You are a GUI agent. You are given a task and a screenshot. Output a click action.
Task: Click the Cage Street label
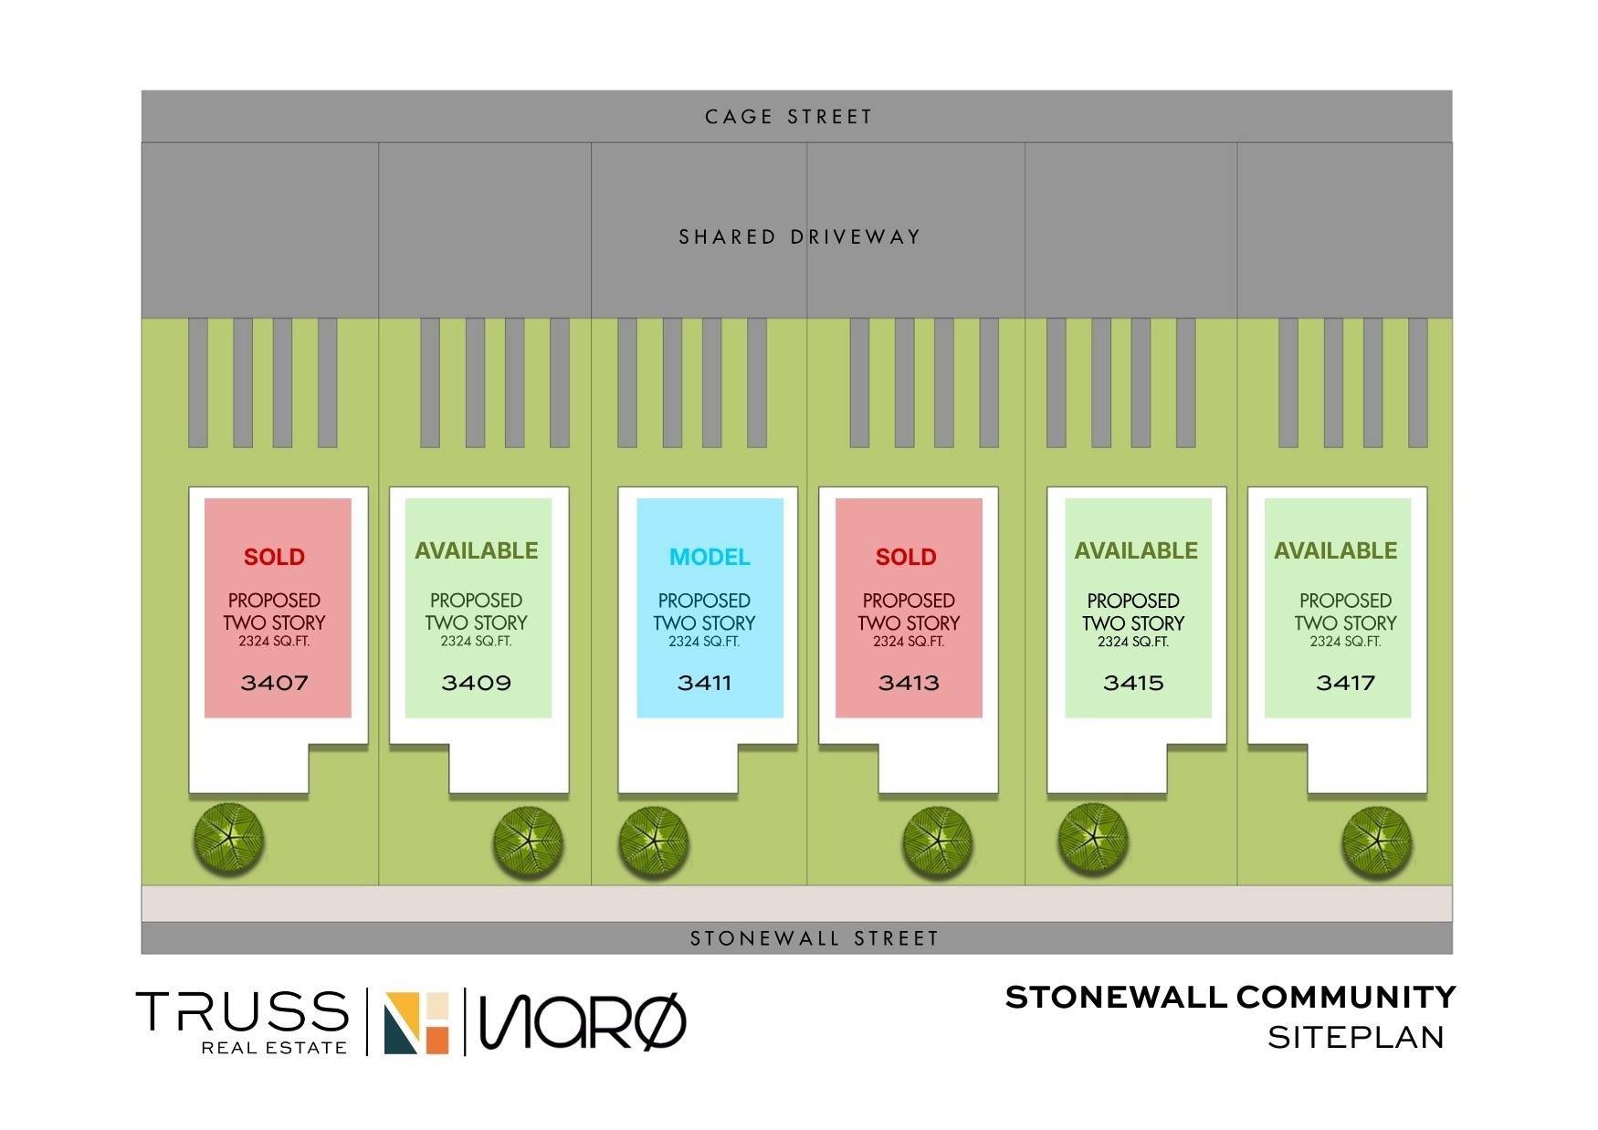tap(789, 117)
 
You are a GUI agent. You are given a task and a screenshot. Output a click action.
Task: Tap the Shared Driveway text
tap(799, 237)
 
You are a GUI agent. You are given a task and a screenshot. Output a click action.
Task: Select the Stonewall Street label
tap(814, 938)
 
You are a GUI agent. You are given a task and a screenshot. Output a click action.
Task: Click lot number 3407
tap(274, 683)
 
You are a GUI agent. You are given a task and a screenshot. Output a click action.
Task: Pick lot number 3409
tap(476, 683)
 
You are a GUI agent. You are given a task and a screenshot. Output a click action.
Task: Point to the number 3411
tap(704, 683)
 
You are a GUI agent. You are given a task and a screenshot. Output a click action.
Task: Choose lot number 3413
tap(909, 683)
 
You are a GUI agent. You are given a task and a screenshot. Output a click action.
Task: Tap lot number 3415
tap(1133, 683)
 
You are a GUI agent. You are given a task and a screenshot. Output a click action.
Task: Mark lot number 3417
tap(1345, 683)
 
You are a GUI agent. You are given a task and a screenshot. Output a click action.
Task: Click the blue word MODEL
tap(710, 557)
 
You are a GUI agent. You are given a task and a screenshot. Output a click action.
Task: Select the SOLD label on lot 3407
tap(274, 557)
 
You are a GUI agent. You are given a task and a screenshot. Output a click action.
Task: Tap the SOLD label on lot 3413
tap(906, 557)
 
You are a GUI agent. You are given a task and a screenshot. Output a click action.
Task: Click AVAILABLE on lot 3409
tap(476, 550)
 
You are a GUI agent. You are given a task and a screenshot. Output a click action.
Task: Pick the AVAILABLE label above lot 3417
tap(1335, 550)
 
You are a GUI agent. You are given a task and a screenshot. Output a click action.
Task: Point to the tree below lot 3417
tap(1377, 842)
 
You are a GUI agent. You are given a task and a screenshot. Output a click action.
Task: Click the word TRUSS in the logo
tap(243, 1011)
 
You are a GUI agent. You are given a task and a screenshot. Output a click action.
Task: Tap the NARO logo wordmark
tap(583, 1021)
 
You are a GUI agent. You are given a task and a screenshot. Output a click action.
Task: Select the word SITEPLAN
tap(1355, 1038)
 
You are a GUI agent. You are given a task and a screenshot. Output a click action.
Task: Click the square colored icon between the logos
tap(416, 1022)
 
